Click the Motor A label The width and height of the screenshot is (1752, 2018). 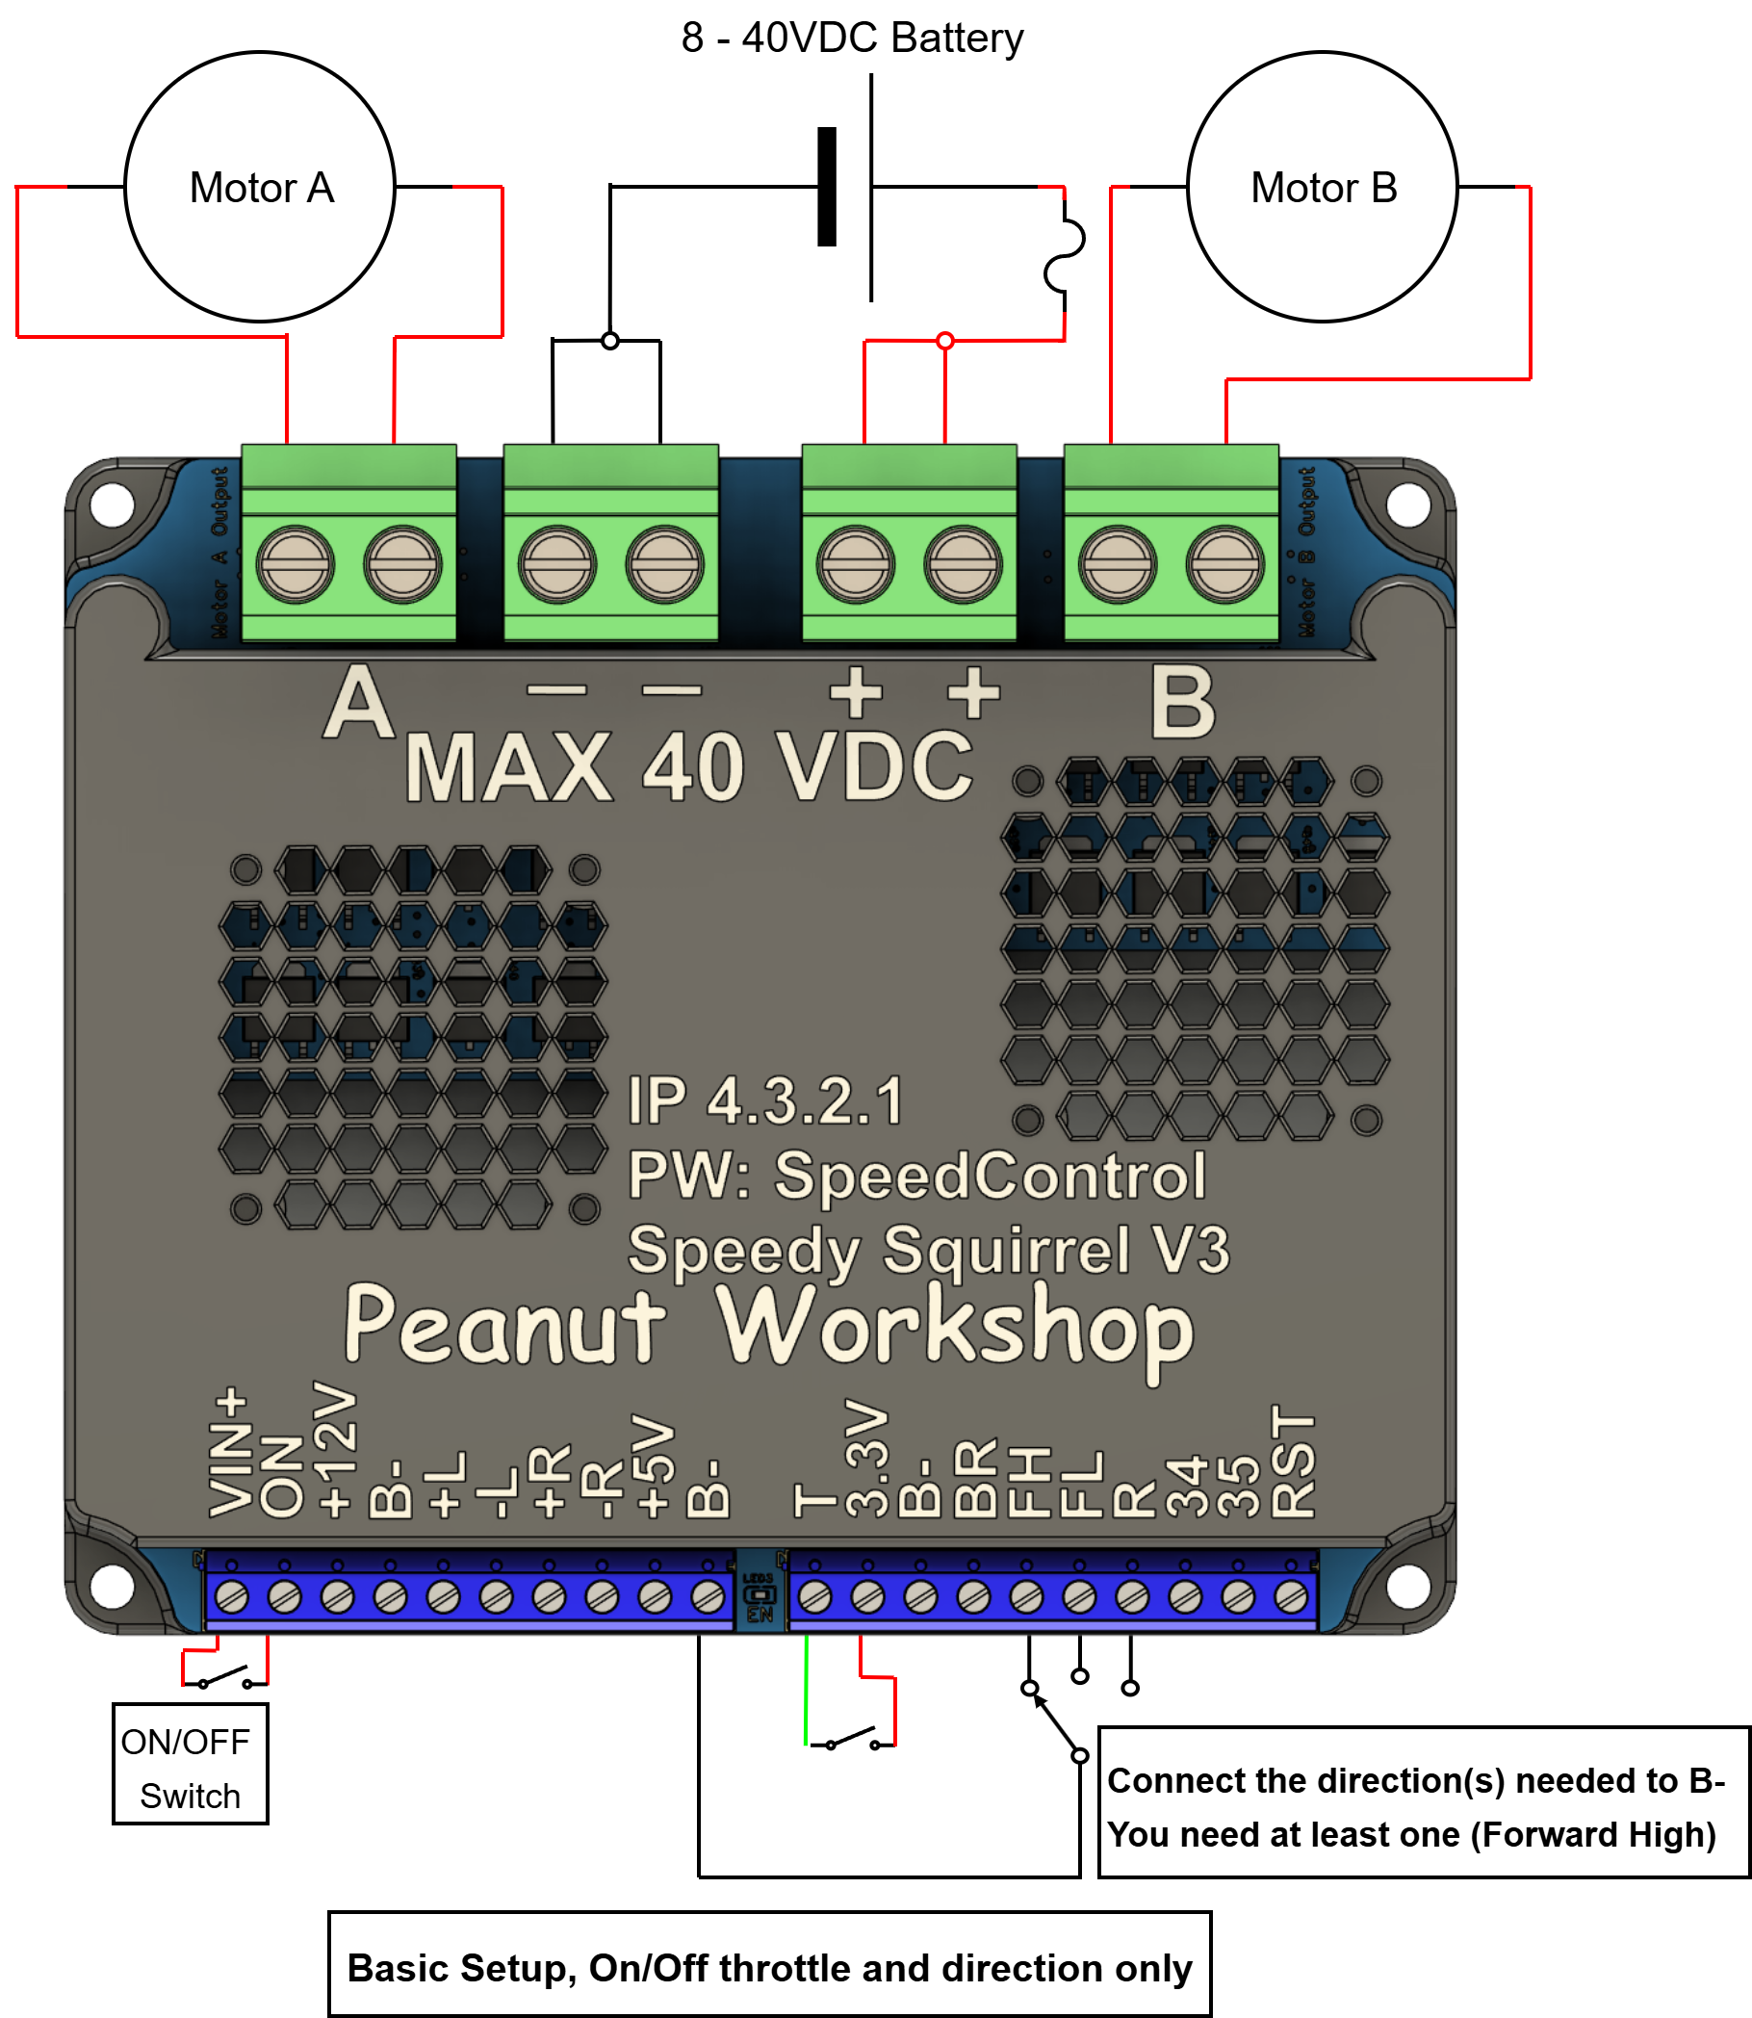click(x=262, y=188)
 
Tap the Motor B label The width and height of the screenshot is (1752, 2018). click(x=1324, y=188)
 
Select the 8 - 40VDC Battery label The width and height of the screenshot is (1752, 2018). click(x=852, y=39)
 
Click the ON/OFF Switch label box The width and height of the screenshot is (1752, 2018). click(x=190, y=1769)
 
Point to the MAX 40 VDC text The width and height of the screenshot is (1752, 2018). click(x=689, y=768)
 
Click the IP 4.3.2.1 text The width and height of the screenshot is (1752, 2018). click(x=765, y=1101)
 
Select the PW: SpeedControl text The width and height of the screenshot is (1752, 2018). click(x=916, y=1176)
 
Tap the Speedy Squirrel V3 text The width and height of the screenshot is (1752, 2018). click(x=928, y=1250)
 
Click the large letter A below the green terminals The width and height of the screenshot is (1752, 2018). click(x=359, y=703)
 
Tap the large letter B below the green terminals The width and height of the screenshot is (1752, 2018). click(x=1183, y=703)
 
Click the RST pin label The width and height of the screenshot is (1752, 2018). click(x=1293, y=1462)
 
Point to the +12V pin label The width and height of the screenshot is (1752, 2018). click(x=334, y=1450)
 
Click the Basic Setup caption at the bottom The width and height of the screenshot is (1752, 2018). click(x=769, y=1968)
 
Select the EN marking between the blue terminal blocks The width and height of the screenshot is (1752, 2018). click(x=760, y=1615)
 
